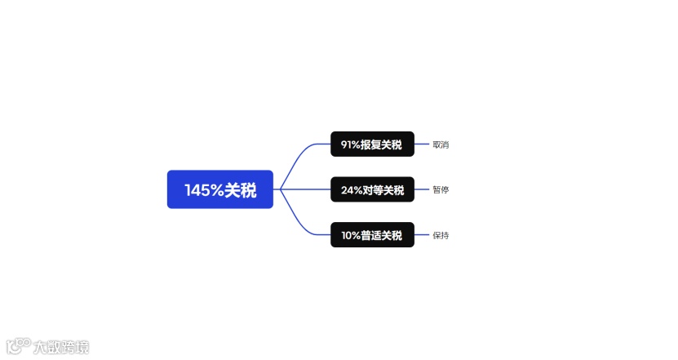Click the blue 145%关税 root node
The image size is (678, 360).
[219, 189]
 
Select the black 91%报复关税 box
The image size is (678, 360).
[372, 144]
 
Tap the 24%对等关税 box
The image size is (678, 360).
[372, 189]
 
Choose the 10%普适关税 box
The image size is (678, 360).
[372, 235]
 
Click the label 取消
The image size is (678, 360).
[441, 144]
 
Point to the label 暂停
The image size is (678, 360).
[441, 190]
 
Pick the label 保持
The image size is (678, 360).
[441, 235]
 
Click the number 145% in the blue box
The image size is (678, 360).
[204, 190]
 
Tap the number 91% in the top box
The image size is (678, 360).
[350, 144]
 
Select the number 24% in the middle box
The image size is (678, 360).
[352, 190]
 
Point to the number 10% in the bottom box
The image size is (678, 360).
[351, 235]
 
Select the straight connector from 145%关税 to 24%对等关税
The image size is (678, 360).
[306, 189]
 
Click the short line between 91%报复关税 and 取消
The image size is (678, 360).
[422, 144]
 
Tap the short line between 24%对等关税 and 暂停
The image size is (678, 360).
[422, 189]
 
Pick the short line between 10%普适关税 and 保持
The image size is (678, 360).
[422, 235]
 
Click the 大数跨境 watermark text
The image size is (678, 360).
[61, 347]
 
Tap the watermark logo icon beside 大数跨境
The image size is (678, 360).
[19, 345]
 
